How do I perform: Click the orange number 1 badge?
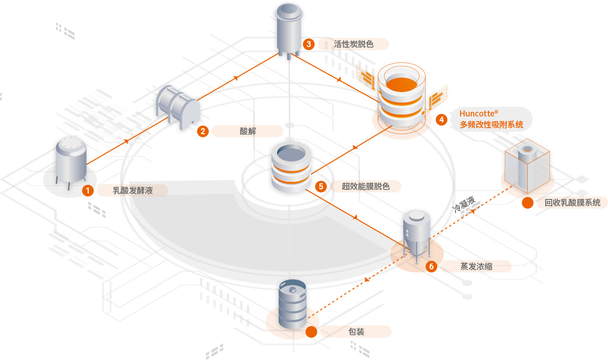(x=89, y=191)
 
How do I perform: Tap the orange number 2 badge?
(x=203, y=131)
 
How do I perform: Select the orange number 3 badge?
(x=309, y=44)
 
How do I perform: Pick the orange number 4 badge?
(x=442, y=119)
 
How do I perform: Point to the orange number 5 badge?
(x=321, y=186)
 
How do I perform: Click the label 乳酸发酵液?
(x=133, y=191)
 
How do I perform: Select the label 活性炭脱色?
(x=354, y=44)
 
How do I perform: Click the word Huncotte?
(x=478, y=113)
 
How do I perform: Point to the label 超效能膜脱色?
(x=365, y=186)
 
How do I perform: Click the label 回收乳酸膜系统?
(x=573, y=203)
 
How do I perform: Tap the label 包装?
(x=356, y=332)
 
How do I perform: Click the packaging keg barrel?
(x=292, y=304)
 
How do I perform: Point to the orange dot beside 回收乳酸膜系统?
(x=527, y=203)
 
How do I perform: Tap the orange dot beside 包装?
(x=311, y=332)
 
